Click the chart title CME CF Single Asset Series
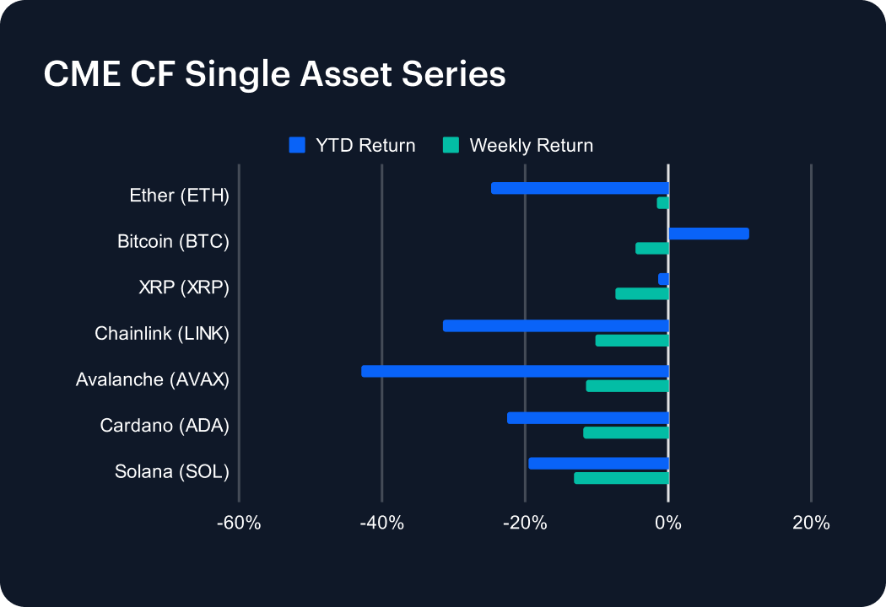click(274, 74)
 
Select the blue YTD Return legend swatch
click(296, 145)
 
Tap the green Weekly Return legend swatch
click(451, 145)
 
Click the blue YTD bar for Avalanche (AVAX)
click(515, 371)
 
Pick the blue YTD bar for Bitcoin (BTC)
click(709, 234)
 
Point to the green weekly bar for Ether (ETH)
click(663, 203)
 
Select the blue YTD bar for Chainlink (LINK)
click(555, 325)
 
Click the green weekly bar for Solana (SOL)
click(621, 478)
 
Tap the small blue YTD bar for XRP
click(664, 279)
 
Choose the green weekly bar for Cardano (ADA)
click(626, 432)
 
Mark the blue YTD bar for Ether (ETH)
click(580, 188)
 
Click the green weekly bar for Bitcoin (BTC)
click(652, 249)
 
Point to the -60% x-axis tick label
click(239, 524)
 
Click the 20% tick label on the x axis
click(811, 524)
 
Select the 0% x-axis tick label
click(668, 524)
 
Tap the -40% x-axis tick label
click(382, 524)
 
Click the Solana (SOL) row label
click(172, 472)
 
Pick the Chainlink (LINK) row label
click(162, 334)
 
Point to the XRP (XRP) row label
click(184, 288)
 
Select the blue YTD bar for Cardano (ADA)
click(587, 417)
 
